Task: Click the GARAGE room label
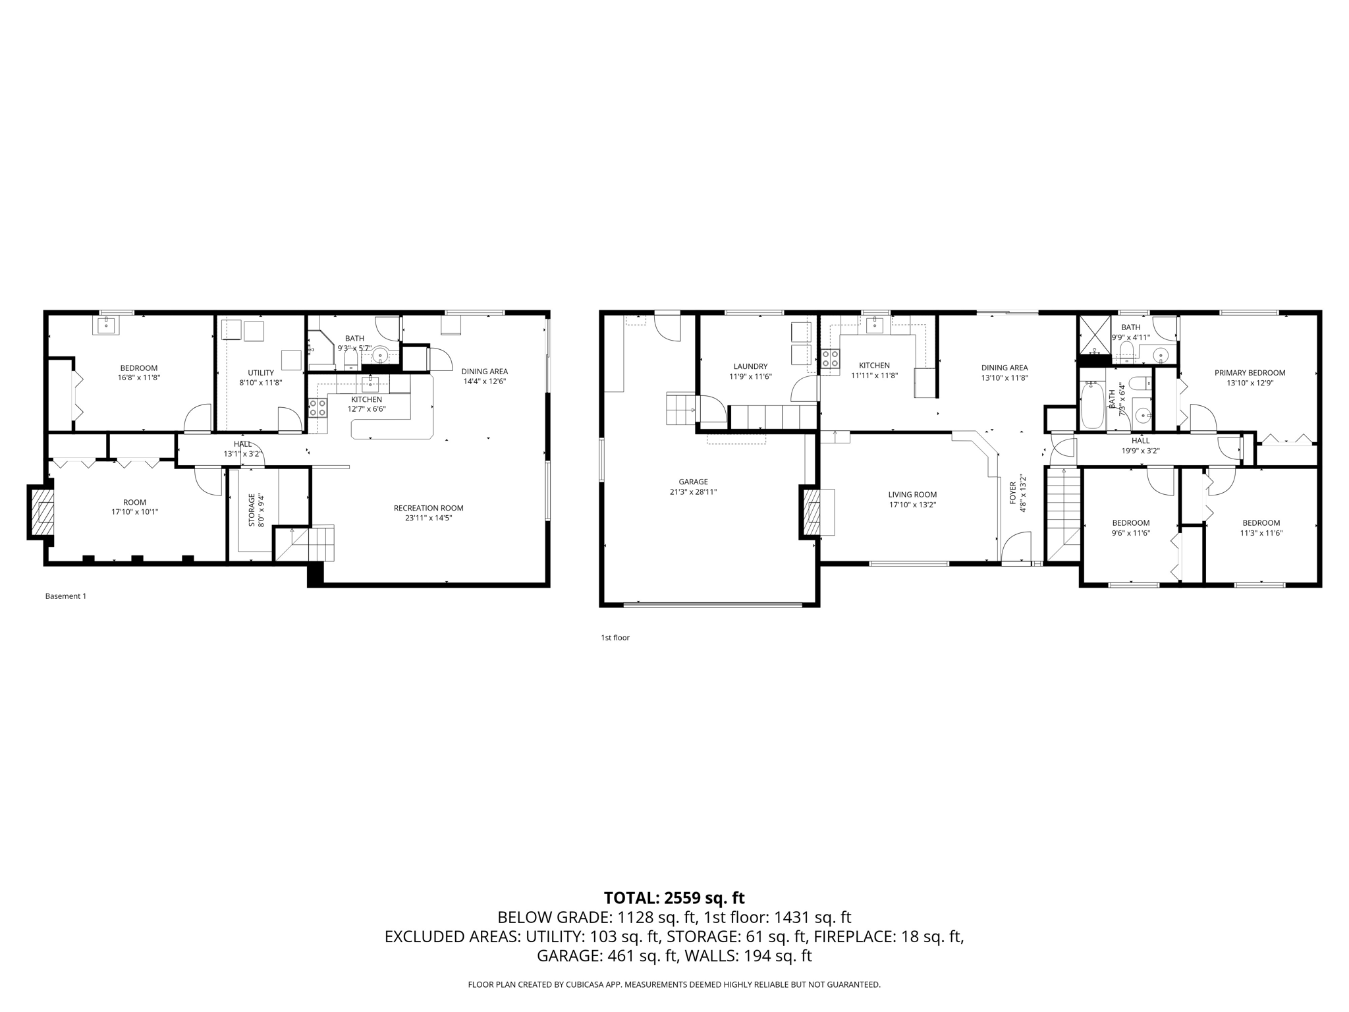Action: click(x=693, y=482)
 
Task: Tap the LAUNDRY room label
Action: click(x=750, y=366)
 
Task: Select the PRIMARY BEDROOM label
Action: click(x=1250, y=372)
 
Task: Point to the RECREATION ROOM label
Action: click(x=428, y=508)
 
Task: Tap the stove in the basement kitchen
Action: click(x=318, y=408)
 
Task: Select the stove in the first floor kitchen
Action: click(x=830, y=358)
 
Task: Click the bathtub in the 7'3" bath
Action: click(x=1092, y=407)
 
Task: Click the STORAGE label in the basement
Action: click(x=251, y=510)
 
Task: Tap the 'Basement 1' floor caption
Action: click(x=65, y=596)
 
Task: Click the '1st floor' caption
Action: click(x=615, y=638)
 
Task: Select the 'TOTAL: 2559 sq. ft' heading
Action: click(x=674, y=897)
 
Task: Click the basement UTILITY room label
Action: click(x=261, y=372)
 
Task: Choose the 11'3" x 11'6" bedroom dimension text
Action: click(x=1261, y=533)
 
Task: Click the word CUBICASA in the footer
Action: click(x=582, y=984)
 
